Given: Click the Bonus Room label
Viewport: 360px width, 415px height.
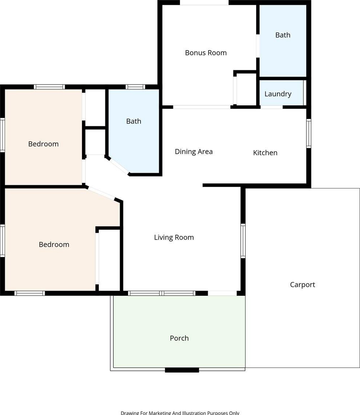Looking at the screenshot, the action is pyautogui.click(x=206, y=53).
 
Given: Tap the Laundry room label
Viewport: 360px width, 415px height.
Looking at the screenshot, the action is pyautogui.click(x=278, y=94).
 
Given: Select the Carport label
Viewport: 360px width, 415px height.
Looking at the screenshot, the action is pyautogui.click(x=302, y=285).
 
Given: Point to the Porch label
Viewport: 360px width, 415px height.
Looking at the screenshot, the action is pyautogui.click(x=179, y=338).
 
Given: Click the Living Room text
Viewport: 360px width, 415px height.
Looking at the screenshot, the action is pyautogui.click(x=174, y=238).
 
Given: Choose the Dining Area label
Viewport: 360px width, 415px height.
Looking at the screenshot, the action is pyautogui.click(x=194, y=152).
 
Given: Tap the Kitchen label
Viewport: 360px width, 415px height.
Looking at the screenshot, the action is pyautogui.click(x=265, y=153).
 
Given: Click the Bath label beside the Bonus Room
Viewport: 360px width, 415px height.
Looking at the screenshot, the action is pyautogui.click(x=283, y=35).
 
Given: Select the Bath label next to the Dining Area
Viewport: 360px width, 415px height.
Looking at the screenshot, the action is pyautogui.click(x=134, y=121).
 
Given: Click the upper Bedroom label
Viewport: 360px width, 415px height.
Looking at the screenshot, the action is pyautogui.click(x=44, y=144).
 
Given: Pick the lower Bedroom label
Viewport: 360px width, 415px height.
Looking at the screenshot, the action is pyautogui.click(x=54, y=244).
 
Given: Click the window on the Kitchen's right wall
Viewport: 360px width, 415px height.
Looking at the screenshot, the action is pyautogui.click(x=309, y=133).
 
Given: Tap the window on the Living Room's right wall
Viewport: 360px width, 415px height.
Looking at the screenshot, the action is pyautogui.click(x=243, y=241).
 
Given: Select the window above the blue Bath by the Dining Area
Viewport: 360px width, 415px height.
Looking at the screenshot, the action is pyautogui.click(x=135, y=87).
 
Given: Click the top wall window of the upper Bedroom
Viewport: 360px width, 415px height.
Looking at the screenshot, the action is pyautogui.click(x=49, y=87).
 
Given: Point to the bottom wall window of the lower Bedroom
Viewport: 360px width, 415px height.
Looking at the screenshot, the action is pyautogui.click(x=30, y=293).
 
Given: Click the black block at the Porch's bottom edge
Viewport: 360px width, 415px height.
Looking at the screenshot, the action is pyautogui.click(x=182, y=370).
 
